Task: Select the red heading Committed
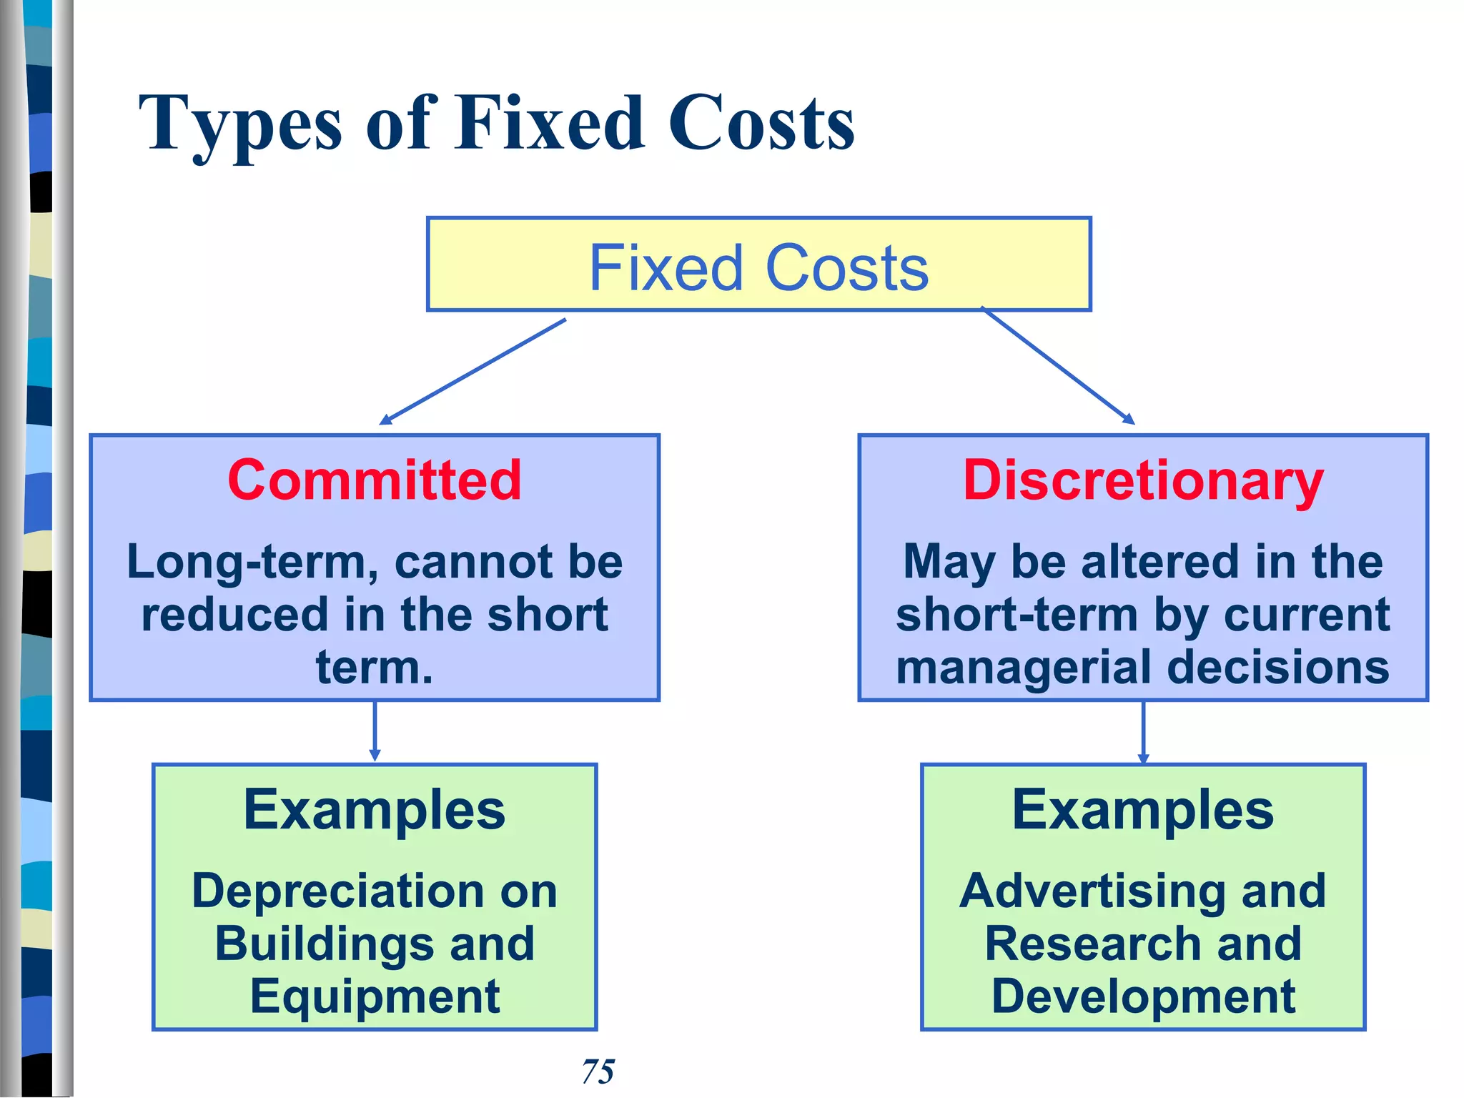(x=375, y=480)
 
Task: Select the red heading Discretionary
(x=1143, y=480)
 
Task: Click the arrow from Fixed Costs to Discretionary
(x=1058, y=366)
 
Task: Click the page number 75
(x=598, y=1072)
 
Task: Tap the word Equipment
(x=375, y=996)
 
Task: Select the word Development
(x=1143, y=996)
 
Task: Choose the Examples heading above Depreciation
(x=375, y=810)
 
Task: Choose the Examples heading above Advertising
(x=1143, y=810)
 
